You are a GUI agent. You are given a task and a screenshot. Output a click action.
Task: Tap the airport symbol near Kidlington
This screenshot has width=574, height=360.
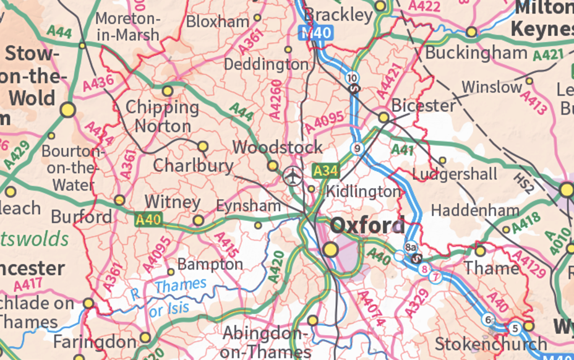pyautogui.click(x=293, y=176)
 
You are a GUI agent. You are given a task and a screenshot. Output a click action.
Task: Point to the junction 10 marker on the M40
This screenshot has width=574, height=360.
pyautogui.click(x=352, y=77)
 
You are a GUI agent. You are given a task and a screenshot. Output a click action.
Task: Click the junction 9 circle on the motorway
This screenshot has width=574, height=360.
pyautogui.click(x=356, y=148)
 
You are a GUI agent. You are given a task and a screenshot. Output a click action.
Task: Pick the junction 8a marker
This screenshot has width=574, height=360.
pyautogui.click(x=410, y=246)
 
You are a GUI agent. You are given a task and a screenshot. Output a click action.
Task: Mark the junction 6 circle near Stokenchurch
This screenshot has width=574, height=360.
pyautogui.click(x=489, y=319)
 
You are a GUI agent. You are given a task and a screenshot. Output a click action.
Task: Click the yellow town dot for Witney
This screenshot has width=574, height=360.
pyautogui.click(x=198, y=220)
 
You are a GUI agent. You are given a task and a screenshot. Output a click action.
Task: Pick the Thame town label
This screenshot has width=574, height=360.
pyautogui.click(x=491, y=268)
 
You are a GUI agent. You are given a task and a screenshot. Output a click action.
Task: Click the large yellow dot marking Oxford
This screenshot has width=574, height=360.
pyautogui.click(x=331, y=249)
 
